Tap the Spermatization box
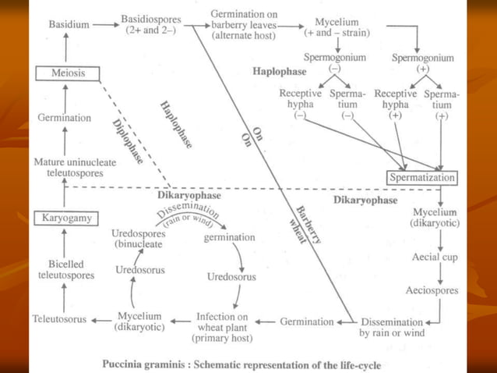click(x=421, y=179)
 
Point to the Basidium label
click(x=68, y=25)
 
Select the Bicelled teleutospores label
click(x=65, y=269)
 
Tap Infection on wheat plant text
click(x=221, y=326)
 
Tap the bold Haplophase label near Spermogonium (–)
click(x=274, y=72)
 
